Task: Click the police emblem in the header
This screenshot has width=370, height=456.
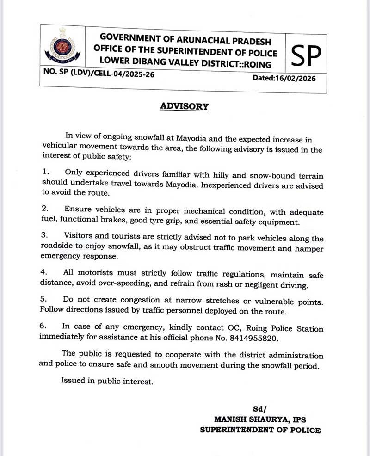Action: [x=62, y=46]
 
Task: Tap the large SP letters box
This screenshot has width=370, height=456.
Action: [x=306, y=55]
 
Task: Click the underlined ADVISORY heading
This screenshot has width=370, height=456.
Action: [x=184, y=106]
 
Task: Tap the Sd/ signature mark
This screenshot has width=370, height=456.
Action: [x=260, y=409]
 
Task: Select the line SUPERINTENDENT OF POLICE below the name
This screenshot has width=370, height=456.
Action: [x=260, y=430]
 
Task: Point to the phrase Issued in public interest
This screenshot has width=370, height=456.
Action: [x=106, y=382]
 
